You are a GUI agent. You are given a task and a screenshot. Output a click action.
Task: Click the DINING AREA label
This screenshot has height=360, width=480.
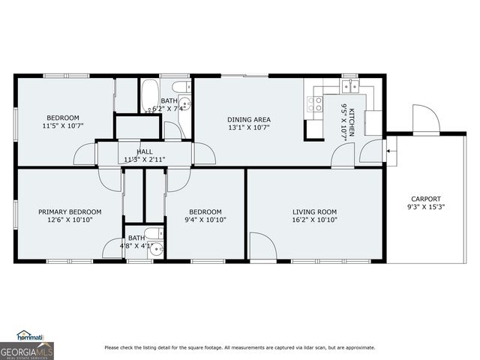click(x=249, y=119)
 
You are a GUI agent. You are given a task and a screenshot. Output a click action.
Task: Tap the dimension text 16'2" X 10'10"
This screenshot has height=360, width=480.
click(x=315, y=220)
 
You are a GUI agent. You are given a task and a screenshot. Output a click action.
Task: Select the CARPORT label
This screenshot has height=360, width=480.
click(x=424, y=199)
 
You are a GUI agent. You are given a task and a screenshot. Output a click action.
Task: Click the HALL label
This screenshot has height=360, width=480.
click(x=145, y=151)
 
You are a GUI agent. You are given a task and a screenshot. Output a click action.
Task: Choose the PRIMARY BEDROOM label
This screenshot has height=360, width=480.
click(x=70, y=211)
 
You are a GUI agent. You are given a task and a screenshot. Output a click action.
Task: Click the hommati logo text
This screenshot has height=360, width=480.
click(x=30, y=337)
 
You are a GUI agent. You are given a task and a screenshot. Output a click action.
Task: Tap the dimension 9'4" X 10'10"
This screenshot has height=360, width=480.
click(x=205, y=220)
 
